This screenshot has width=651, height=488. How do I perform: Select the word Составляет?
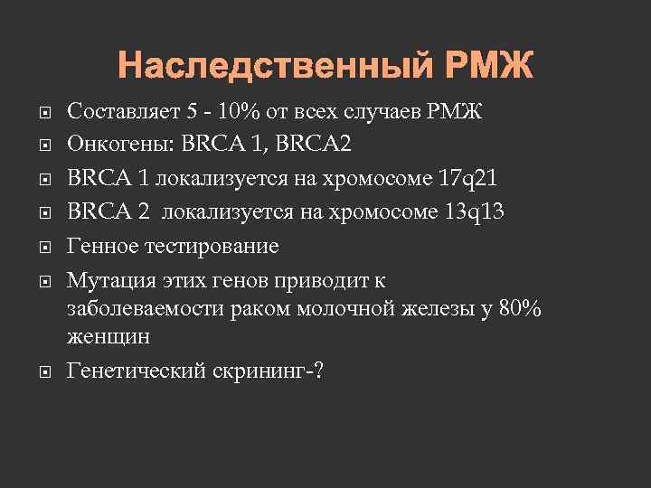(122, 113)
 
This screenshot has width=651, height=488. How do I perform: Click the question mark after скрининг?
(316, 371)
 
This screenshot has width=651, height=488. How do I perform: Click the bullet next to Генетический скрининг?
(45, 371)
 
